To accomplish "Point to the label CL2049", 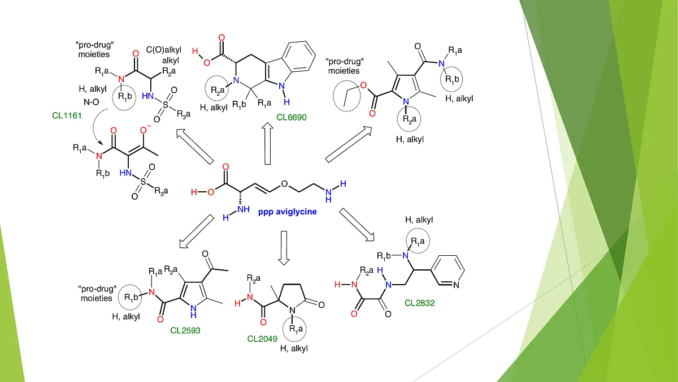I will click(x=263, y=338).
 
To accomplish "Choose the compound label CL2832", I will click(x=420, y=302).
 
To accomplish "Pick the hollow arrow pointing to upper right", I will click(x=349, y=147).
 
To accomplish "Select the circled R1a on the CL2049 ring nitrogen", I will click(x=295, y=327).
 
